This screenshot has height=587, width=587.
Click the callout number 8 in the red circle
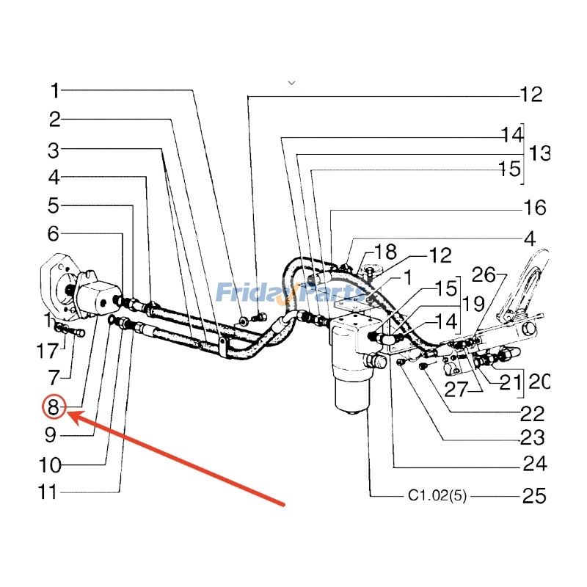tap(54, 406)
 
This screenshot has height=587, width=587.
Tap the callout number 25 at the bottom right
tap(533, 497)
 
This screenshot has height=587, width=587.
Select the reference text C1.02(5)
tap(437, 497)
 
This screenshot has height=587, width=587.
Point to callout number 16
tap(533, 208)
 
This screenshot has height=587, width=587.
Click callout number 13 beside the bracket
tap(539, 153)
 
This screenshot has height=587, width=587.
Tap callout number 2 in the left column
tap(54, 120)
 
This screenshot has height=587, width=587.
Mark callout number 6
tap(54, 234)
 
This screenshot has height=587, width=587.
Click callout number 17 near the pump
tap(47, 352)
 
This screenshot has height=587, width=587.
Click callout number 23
tap(533, 438)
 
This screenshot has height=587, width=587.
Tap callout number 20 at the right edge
tap(539, 382)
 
